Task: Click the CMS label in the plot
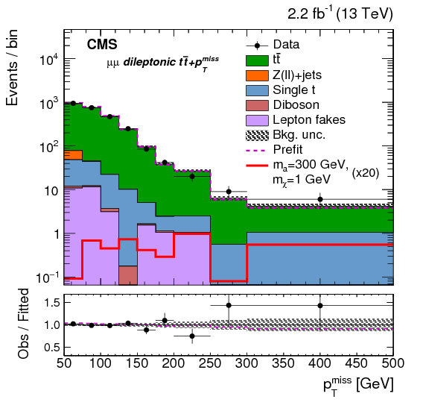102,44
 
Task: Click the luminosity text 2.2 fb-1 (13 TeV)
340,14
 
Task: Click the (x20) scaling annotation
367,172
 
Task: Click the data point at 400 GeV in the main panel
320,199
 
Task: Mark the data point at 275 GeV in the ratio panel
229,305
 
